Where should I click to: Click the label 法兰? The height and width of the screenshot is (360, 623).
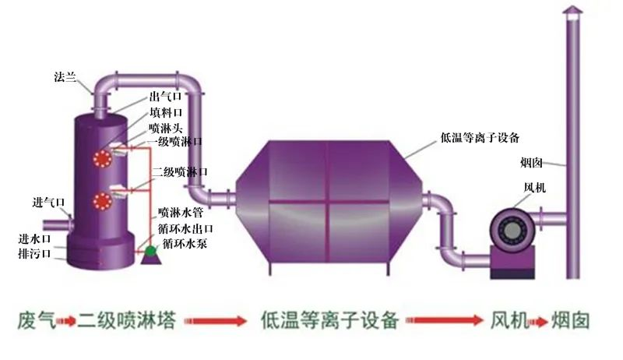(65, 76)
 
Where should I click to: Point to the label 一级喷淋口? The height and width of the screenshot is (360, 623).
(176, 141)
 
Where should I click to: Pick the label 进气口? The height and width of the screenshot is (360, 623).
(48, 203)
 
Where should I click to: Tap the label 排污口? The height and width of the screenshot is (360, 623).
(34, 253)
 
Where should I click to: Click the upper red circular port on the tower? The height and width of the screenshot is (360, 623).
(100, 159)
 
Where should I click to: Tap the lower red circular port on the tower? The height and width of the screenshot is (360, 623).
(100, 200)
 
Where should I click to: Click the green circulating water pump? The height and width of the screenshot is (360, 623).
(150, 251)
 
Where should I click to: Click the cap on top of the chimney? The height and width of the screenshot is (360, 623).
(572, 10)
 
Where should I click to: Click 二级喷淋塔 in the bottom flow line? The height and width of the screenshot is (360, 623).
(126, 320)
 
